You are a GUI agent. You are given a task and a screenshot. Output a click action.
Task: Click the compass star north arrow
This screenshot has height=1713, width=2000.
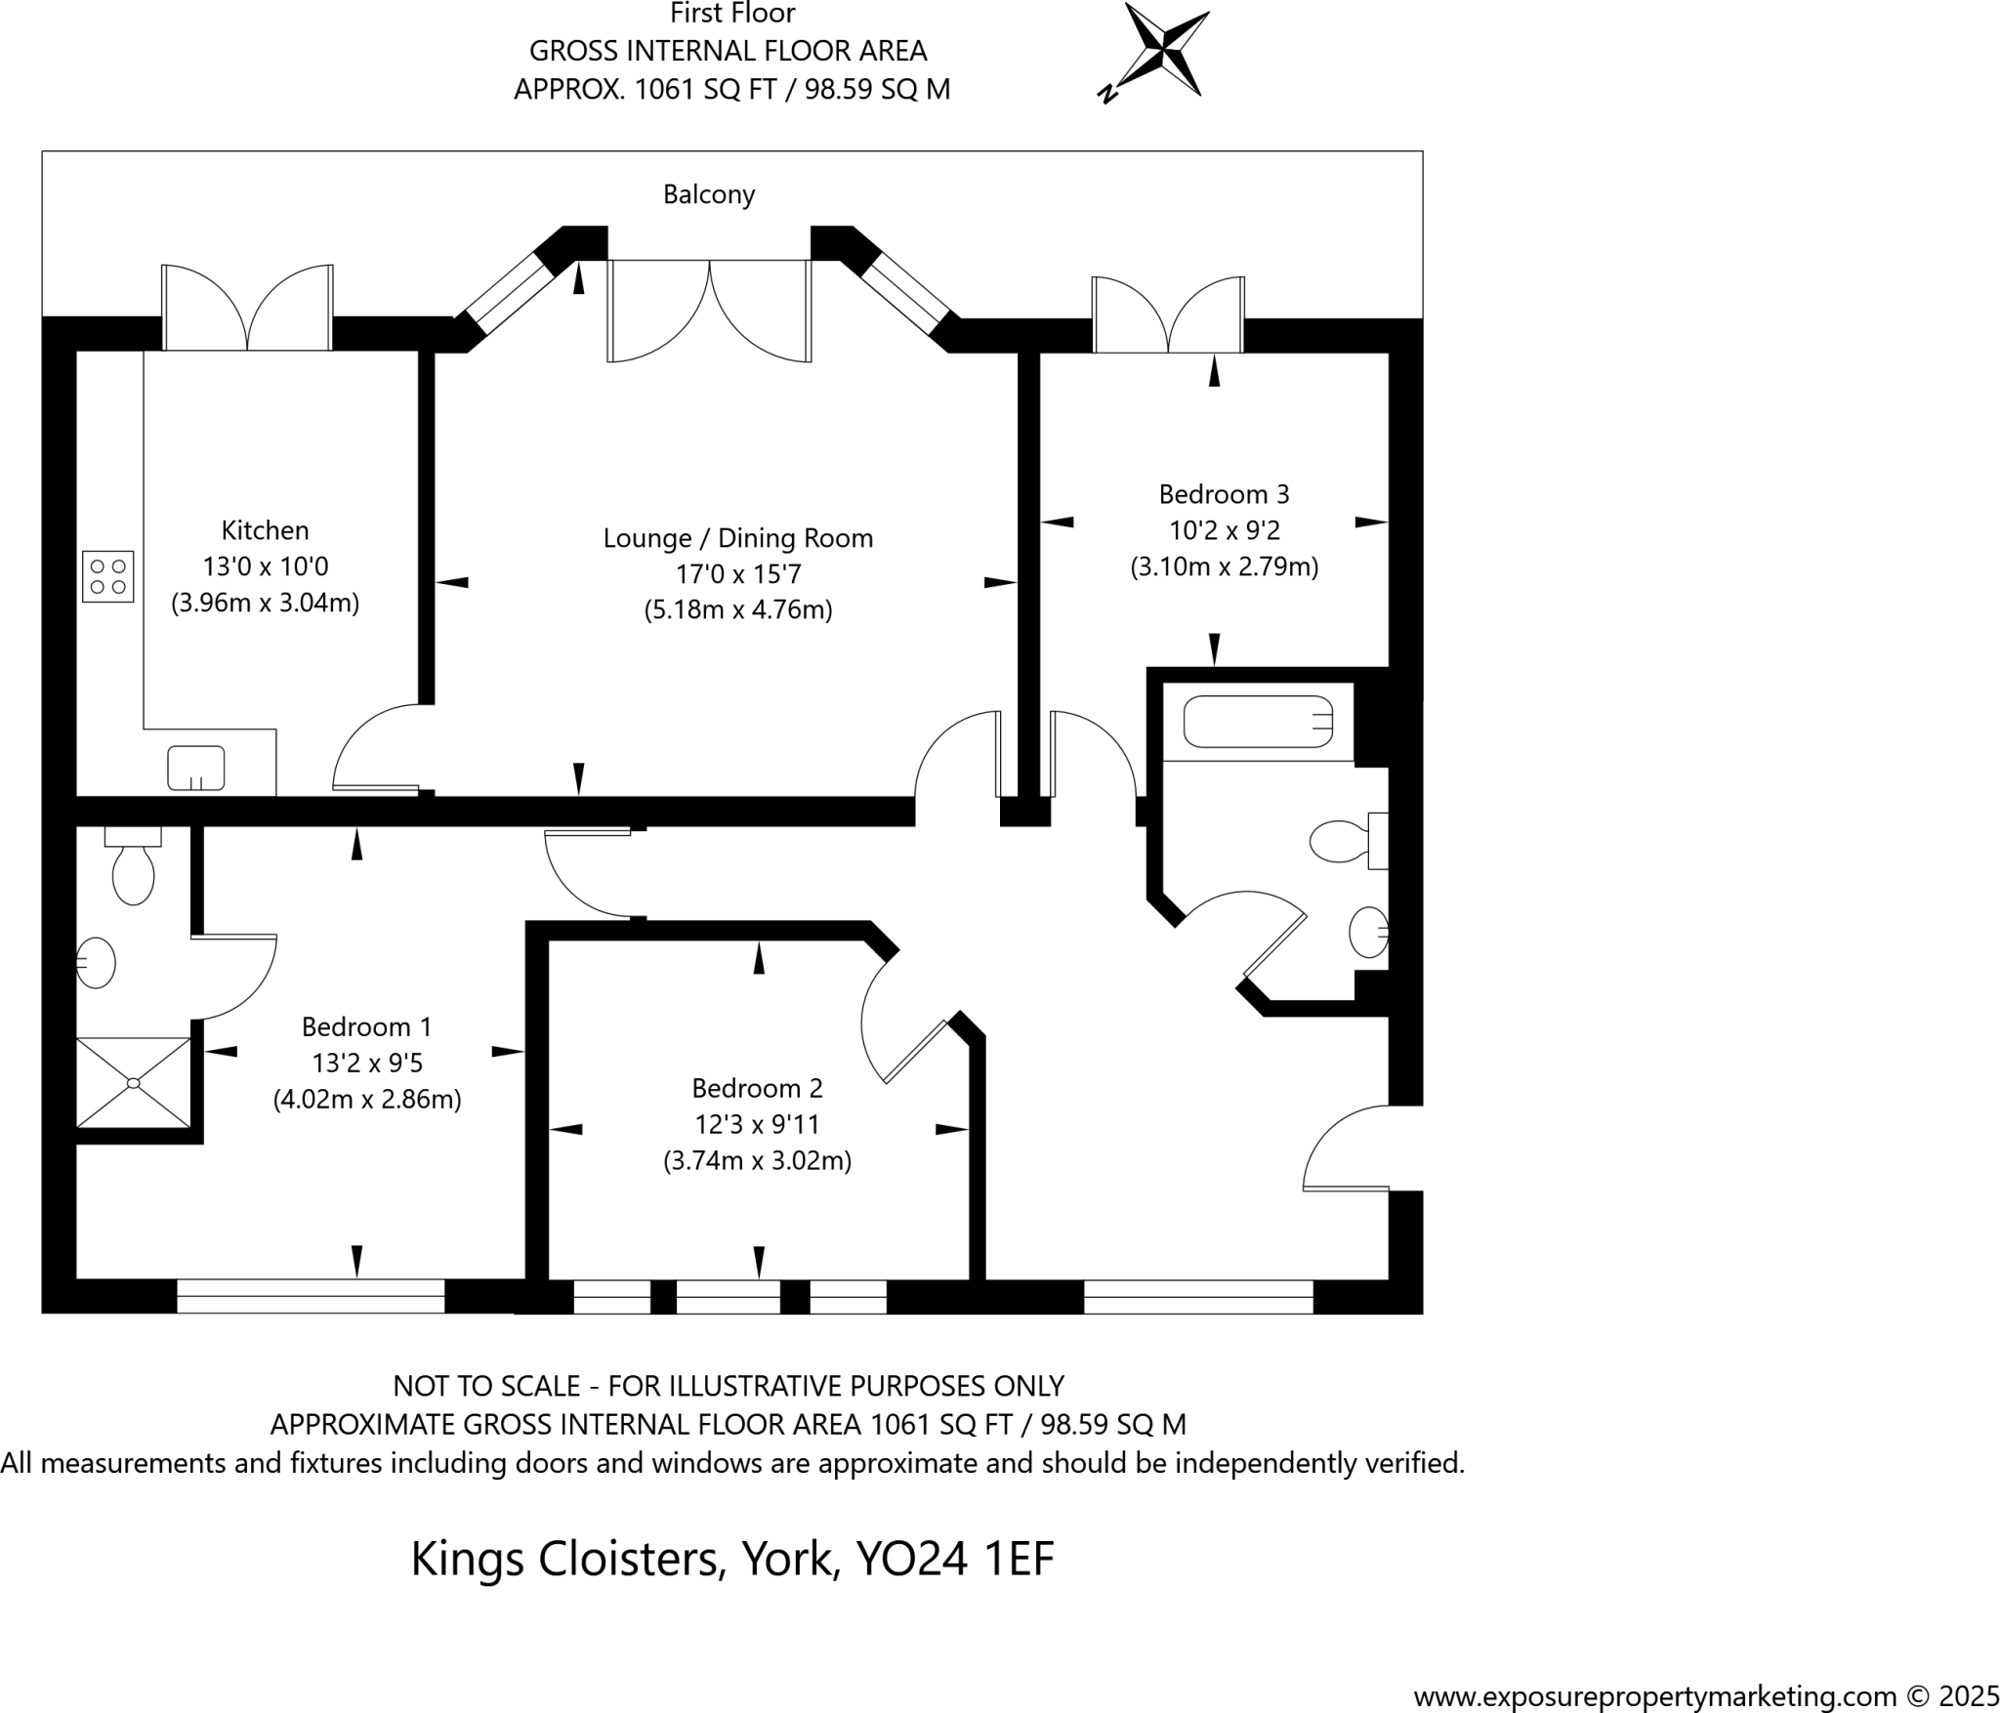tap(1165, 48)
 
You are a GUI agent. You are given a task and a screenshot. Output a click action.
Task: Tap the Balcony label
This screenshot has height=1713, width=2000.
tap(709, 194)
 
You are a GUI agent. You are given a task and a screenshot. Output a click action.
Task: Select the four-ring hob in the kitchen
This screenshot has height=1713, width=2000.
tap(107, 577)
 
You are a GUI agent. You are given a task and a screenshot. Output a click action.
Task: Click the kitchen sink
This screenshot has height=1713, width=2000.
tap(196, 768)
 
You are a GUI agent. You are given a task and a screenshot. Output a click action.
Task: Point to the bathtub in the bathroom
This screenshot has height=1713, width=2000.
tap(1258, 722)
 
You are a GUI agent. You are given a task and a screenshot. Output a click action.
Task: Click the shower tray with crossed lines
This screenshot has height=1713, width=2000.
tap(134, 1082)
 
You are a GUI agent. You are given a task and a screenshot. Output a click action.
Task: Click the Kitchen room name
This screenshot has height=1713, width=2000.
tap(265, 530)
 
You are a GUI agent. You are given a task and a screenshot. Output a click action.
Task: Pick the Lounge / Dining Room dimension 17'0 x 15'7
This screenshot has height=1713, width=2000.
tap(738, 574)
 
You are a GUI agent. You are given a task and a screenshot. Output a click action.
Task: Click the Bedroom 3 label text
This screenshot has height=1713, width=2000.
tap(1224, 494)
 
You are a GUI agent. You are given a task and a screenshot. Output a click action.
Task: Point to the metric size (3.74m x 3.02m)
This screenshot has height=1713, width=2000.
tap(757, 1161)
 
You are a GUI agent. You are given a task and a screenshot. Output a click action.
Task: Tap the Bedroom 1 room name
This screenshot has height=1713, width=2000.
tap(366, 1026)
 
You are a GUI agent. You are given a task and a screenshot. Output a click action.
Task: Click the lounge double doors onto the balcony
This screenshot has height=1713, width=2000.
tap(710, 311)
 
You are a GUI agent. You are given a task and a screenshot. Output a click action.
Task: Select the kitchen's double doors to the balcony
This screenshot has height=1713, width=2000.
tap(248, 308)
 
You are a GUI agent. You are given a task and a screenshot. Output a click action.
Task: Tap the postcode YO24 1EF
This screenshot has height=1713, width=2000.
tap(954, 1559)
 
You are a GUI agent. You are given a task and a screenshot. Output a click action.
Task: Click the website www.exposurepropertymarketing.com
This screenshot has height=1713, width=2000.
tap(1654, 1696)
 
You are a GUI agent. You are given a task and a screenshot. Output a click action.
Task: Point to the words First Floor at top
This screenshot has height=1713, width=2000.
tap(732, 14)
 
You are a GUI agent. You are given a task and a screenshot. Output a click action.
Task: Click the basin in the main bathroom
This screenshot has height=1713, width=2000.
tap(1368, 932)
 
